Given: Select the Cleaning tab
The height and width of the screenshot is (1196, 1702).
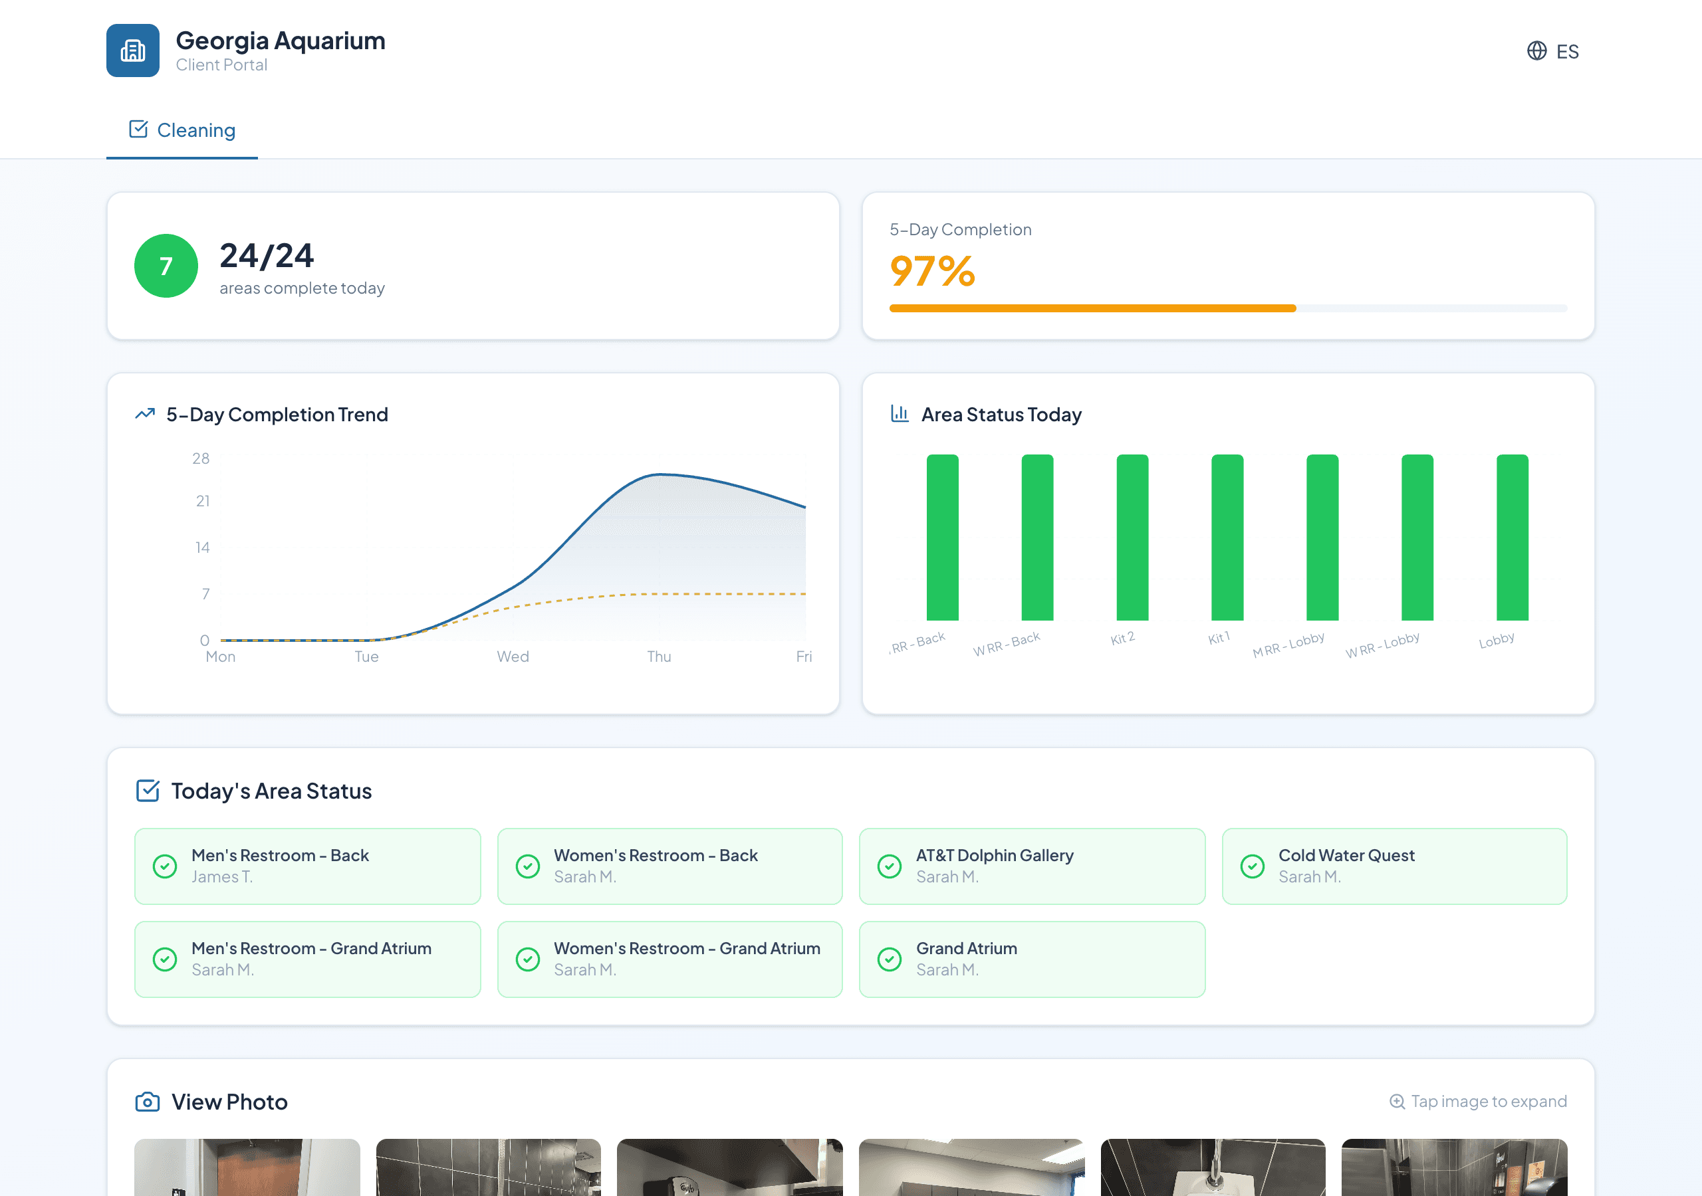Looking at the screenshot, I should point(182,130).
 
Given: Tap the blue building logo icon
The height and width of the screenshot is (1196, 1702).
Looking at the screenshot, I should point(133,50).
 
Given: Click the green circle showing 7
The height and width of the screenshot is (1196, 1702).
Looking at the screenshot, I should point(166,266).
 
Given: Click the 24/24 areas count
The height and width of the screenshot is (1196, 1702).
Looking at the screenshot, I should point(267,256).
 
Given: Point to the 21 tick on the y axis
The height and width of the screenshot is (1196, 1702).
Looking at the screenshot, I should point(202,502).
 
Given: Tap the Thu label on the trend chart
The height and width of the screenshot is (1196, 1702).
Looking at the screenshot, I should point(658,656).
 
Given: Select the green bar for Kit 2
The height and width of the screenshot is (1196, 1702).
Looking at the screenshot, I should point(1132,538).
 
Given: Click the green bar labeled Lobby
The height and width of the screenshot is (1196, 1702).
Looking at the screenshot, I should point(1513,538).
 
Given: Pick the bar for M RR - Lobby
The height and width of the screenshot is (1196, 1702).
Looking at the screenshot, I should point(1322,538).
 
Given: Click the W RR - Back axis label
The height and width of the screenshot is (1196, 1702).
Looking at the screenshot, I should point(1007,644).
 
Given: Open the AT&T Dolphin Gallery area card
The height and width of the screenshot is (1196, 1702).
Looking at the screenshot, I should point(1031,866).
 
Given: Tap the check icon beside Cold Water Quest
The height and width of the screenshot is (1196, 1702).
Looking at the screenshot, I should point(1252,866).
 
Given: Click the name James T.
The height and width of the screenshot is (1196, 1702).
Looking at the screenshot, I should point(221,876).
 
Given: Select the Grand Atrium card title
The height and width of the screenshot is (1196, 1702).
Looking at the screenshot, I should point(966,949).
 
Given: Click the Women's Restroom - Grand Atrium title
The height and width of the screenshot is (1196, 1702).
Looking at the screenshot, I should point(686,949).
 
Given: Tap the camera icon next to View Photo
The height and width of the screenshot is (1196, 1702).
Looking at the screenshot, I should point(148,1102).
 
